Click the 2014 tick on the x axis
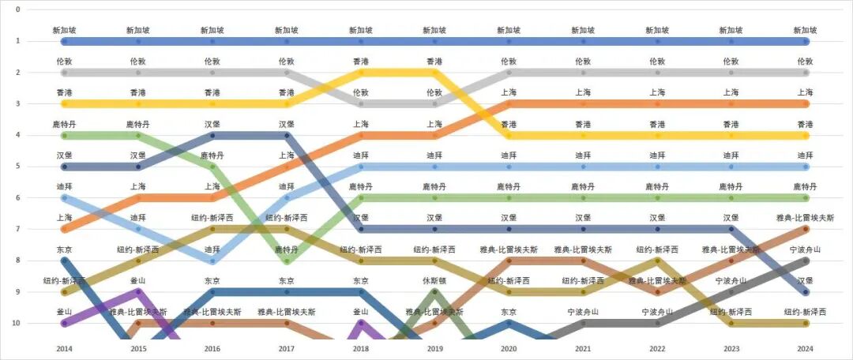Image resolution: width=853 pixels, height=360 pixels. coord(64,348)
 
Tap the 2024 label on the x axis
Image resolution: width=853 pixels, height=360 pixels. coord(805,348)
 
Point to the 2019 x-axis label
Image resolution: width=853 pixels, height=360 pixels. coord(434,348)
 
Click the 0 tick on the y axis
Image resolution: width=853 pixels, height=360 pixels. coord(18,9)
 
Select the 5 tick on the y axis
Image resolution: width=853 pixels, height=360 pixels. coord(18,167)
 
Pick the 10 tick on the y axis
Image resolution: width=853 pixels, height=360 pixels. coord(17,324)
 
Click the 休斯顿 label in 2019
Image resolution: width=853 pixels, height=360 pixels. coord(434,280)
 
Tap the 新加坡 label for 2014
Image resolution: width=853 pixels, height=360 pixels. coord(64,30)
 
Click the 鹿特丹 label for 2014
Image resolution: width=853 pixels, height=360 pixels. coord(64,124)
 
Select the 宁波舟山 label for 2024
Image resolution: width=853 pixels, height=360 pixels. coord(805,249)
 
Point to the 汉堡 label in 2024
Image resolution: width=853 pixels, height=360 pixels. coord(805,280)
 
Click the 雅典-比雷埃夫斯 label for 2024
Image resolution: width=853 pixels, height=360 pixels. coord(805,218)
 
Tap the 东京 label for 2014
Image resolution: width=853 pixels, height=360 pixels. coord(64,249)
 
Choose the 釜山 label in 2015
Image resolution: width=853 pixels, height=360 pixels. coord(138,280)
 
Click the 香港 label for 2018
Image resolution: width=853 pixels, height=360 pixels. coord(360,61)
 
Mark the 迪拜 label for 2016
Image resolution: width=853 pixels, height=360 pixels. coord(212,249)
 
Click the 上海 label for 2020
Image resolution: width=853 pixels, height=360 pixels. coord(509,92)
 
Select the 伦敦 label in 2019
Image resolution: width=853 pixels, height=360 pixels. coord(434,92)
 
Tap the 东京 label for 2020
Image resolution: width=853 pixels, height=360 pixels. coord(509,312)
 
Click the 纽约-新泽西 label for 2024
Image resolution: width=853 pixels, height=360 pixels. coord(805,312)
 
